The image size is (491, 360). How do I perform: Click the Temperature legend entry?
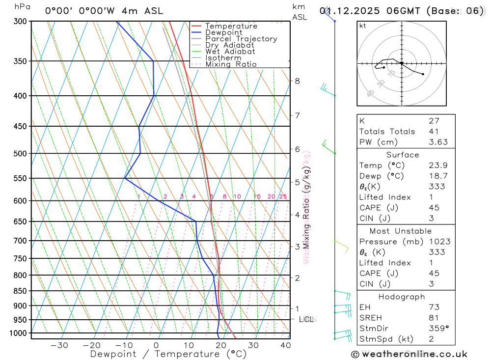[x=231, y=26]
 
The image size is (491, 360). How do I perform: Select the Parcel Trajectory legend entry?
[x=241, y=39]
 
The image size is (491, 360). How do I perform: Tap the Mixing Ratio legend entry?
[x=231, y=64]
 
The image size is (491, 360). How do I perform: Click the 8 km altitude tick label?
[x=297, y=81]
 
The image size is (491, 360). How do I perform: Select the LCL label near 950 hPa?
[x=306, y=320]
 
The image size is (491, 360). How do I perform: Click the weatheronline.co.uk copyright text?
[x=409, y=354]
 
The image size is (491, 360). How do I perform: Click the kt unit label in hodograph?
[x=363, y=26]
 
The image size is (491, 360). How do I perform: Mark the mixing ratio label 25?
[x=283, y=196]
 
